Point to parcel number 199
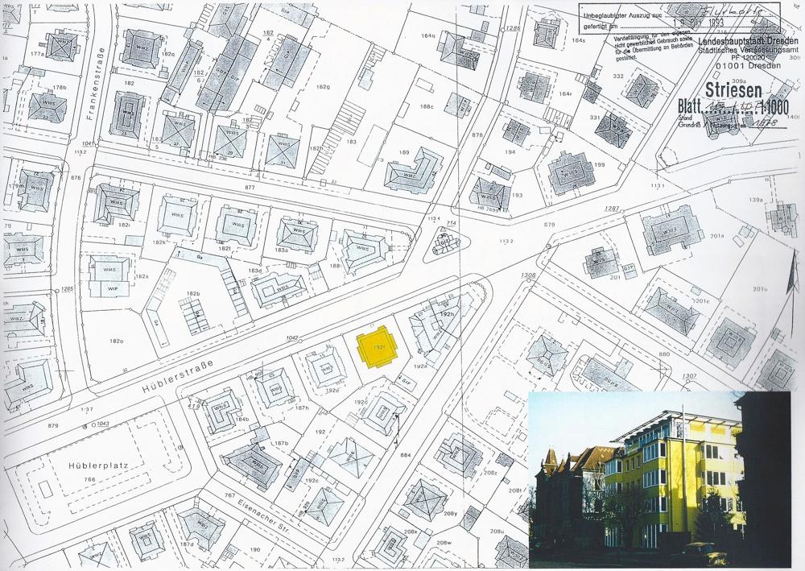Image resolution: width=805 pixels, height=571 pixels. [599, 165]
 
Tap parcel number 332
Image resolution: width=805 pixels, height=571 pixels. [618, 76]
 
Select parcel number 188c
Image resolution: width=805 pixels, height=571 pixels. [426, 106]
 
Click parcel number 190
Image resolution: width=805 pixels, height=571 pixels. [255, 549]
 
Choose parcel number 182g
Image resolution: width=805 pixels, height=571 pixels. [324, 86]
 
